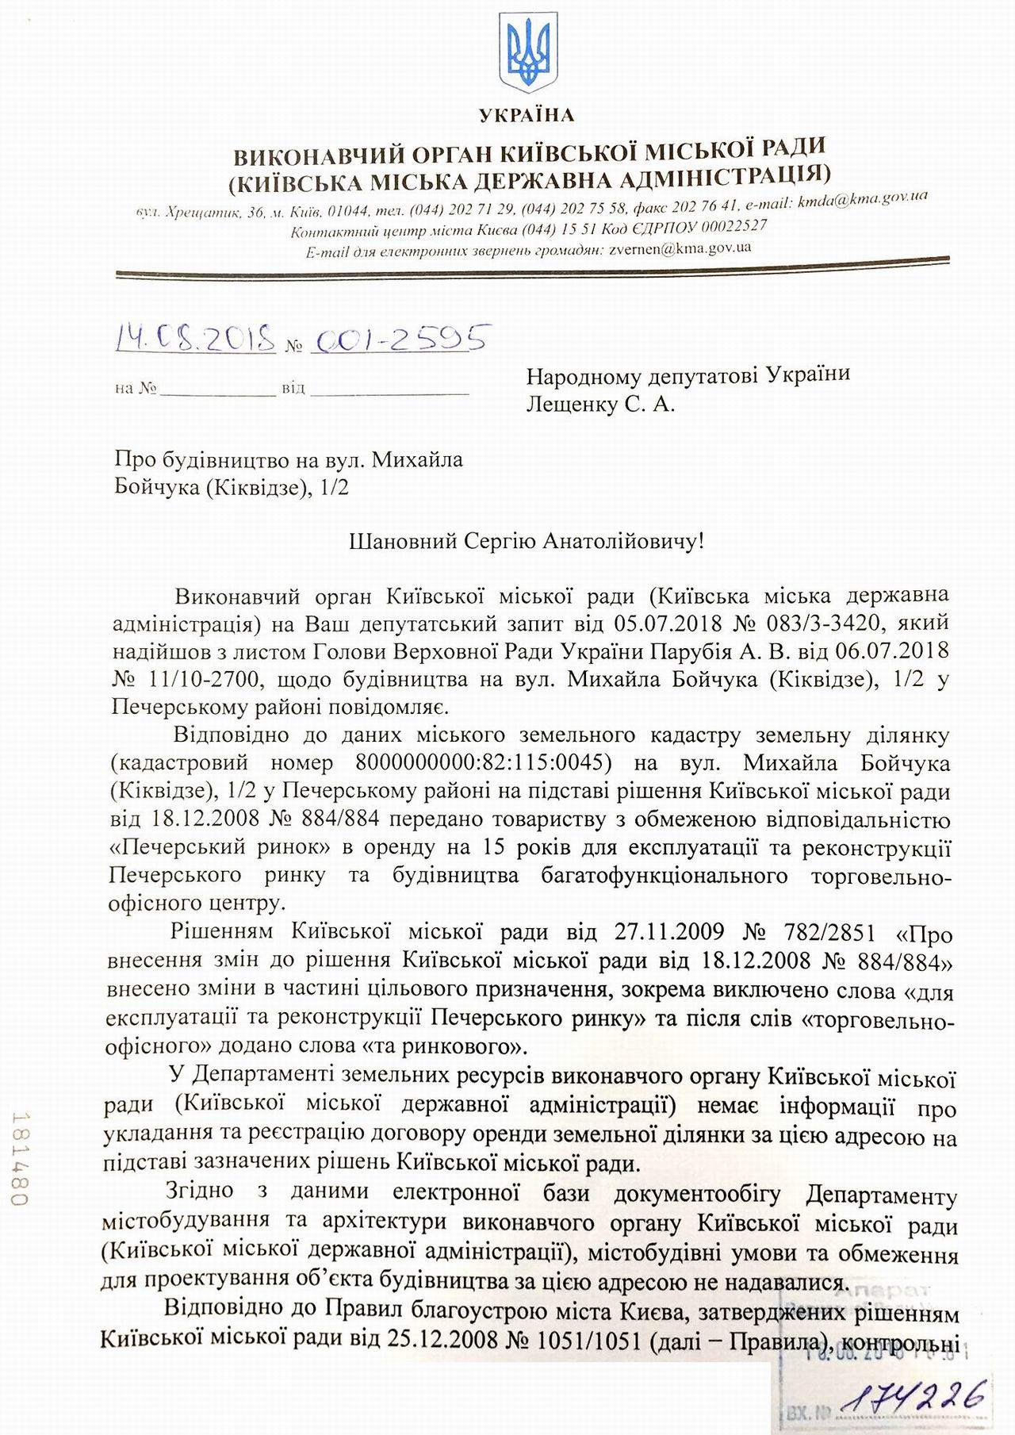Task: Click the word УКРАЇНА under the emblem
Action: pos(527,116)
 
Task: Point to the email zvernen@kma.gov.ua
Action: pos(680,248)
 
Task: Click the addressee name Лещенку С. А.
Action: pos(600,405)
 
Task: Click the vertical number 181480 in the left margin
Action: pos(21,1158)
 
